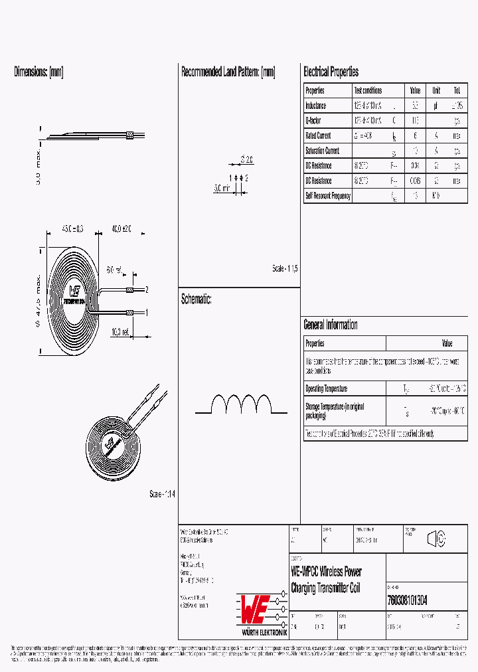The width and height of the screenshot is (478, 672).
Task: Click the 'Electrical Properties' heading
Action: (331, 72)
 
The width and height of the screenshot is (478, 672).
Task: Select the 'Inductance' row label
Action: (316, 106)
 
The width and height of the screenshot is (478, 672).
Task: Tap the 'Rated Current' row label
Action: (319, 136)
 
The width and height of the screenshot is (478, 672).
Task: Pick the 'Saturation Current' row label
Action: (322, 151)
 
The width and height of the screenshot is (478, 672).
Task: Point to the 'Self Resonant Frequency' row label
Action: (327, 196)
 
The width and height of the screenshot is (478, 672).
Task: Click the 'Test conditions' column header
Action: (368, 90)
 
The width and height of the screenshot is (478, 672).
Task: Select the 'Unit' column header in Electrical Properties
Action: (436, 90)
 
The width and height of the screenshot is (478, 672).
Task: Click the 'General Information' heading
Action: (331, 325)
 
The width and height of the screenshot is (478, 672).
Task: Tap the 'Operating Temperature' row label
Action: (326, 388)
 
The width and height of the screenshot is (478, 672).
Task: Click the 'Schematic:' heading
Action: (197, 299)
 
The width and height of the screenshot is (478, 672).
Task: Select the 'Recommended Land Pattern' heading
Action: (228, 72)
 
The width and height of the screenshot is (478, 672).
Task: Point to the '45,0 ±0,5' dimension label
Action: (73, 228)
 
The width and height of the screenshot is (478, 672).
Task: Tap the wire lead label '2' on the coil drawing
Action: (145, 290)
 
